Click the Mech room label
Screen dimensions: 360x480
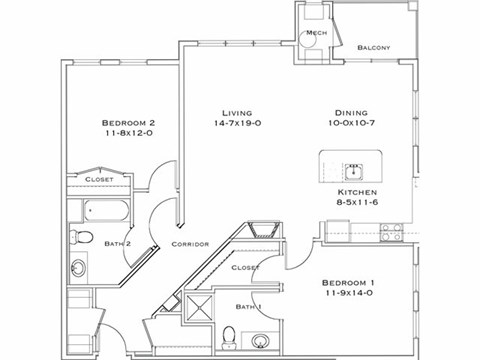[316, 33]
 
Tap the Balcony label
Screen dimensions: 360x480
[373, 47]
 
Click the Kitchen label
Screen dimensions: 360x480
[356, 191]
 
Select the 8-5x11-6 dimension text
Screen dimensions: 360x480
[356, 203]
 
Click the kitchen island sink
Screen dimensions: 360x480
[353, 165]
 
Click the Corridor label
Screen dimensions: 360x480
[189, 243]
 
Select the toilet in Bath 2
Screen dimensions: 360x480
[80, 238]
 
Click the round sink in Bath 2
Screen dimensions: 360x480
[78, 268]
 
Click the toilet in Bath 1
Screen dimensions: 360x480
[229, 335]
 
